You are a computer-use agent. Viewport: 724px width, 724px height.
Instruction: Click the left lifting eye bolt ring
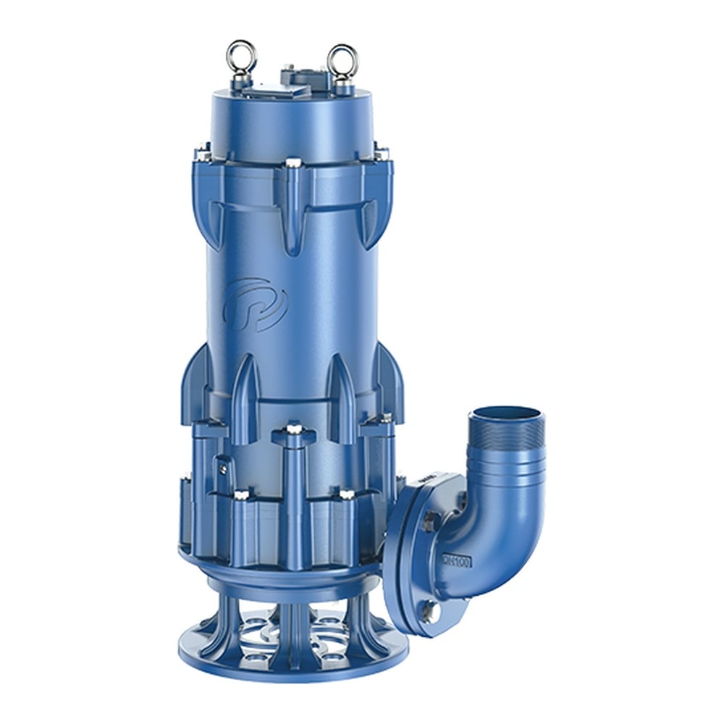tap(240, 56)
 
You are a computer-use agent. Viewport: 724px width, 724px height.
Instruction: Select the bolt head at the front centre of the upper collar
tap(292, 164)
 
